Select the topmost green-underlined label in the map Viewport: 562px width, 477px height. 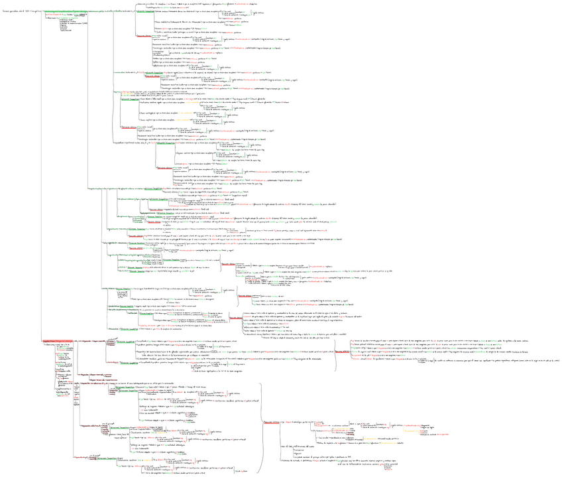pyautogui.click(x=86, y=12)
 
